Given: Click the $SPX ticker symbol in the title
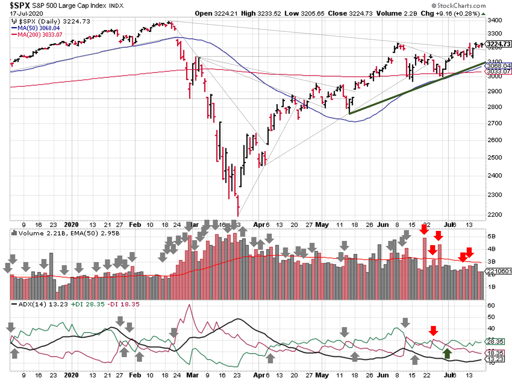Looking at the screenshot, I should tap(20, 5).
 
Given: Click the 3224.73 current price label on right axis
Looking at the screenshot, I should tap(499, 44).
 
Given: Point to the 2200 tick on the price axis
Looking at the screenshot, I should tap(495, 215).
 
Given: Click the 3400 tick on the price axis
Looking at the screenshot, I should tap(495, 20).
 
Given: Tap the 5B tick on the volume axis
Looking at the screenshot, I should tap(492, 236).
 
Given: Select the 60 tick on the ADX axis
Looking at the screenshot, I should tap(491, 306).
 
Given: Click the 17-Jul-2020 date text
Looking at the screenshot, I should tap(27, 13).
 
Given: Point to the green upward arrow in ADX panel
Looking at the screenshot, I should tap(447, 354).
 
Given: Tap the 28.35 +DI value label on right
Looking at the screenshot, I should tap(495, 341).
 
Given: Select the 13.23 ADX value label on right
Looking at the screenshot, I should tap(495, 359).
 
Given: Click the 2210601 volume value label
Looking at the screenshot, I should tap(499, 271).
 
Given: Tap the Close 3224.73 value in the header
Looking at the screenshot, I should tap(350, 13).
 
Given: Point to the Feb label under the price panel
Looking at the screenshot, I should tap(135, 224).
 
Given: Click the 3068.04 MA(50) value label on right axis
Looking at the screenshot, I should tap(499, 66).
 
